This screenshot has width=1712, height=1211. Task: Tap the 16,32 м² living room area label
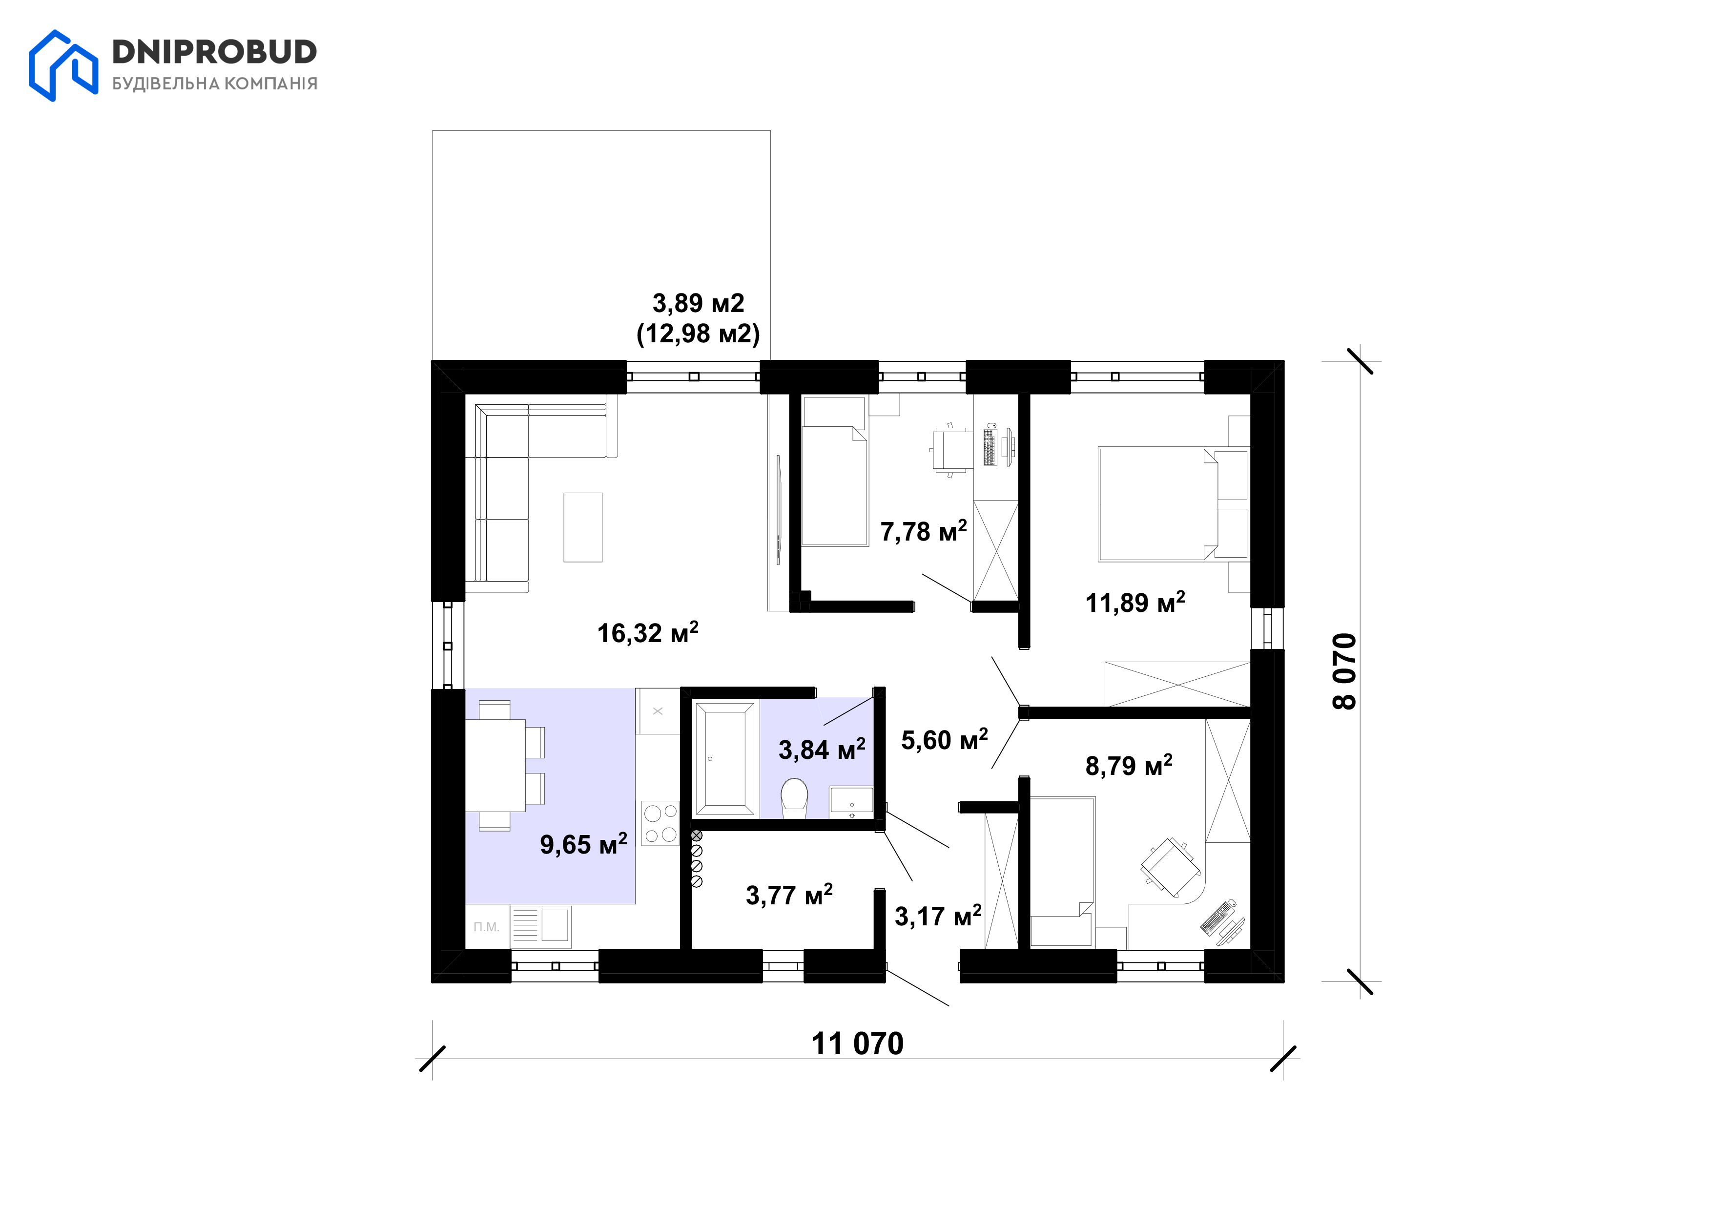[647, 633]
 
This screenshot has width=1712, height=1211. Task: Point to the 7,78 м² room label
[923, 532]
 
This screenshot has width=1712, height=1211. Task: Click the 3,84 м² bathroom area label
[822, 750]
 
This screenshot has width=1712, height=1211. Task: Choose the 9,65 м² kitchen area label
[583, 844]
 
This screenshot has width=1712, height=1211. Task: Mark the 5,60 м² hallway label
[944, 740]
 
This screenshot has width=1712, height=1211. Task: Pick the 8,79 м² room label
[1128, 765]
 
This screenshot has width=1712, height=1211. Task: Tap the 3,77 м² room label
[789, 895]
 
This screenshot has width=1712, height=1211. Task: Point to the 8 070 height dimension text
[1344, 671]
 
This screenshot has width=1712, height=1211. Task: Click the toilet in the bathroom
[794, 797]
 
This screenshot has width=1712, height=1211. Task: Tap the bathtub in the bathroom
[724, 758]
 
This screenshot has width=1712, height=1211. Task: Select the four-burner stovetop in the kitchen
[660, 823]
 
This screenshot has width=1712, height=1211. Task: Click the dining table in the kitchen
[495, 765]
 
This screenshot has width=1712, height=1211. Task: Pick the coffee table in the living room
[582, 527]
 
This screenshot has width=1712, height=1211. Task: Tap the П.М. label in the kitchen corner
[486, 927]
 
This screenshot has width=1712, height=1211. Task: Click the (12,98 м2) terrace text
[698, 334]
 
